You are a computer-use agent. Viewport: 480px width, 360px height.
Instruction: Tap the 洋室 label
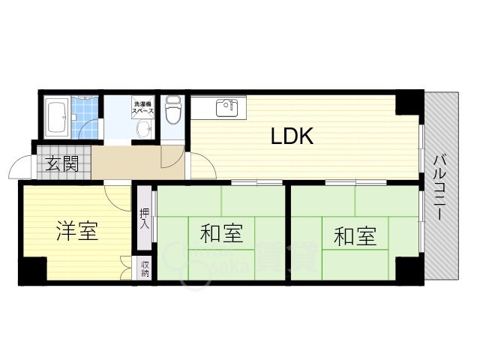77,232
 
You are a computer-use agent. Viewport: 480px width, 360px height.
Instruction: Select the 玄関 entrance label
61,164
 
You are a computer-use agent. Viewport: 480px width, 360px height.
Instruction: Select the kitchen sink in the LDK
226,108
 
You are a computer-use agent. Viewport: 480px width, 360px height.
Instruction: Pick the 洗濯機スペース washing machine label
143,107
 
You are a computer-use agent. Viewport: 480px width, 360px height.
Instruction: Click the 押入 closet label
144,218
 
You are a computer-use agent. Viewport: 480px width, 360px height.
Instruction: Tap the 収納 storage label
144,268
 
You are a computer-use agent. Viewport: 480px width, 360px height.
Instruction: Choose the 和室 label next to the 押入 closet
221,234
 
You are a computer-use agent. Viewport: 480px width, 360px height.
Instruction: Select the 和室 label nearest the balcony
354,236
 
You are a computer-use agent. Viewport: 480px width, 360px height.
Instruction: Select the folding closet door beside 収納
124,268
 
